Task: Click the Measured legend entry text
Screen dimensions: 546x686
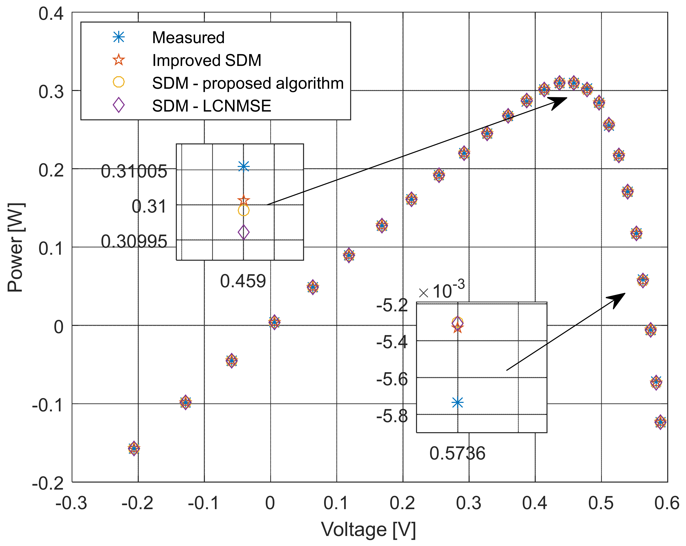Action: (188, 38)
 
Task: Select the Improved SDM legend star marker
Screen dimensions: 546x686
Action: (119, 60)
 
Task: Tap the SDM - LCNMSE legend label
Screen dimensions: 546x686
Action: (211, 106)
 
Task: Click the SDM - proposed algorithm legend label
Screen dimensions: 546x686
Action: (248, 83)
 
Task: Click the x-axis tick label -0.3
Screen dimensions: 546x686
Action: (71, 503)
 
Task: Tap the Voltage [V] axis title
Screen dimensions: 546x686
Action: (368, 529)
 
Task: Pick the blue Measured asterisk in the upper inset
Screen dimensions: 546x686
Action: (243, 166)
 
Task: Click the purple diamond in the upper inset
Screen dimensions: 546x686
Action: (243, 232)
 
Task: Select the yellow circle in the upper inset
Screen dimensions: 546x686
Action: (243, 210)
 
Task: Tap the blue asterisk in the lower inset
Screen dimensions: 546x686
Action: (457, 402)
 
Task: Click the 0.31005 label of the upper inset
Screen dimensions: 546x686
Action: (134, 171)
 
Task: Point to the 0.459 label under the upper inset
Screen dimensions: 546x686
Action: (243, 281)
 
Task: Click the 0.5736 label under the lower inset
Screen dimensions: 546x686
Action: (457, 453)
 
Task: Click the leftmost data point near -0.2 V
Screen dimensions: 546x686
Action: (134, 448)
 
